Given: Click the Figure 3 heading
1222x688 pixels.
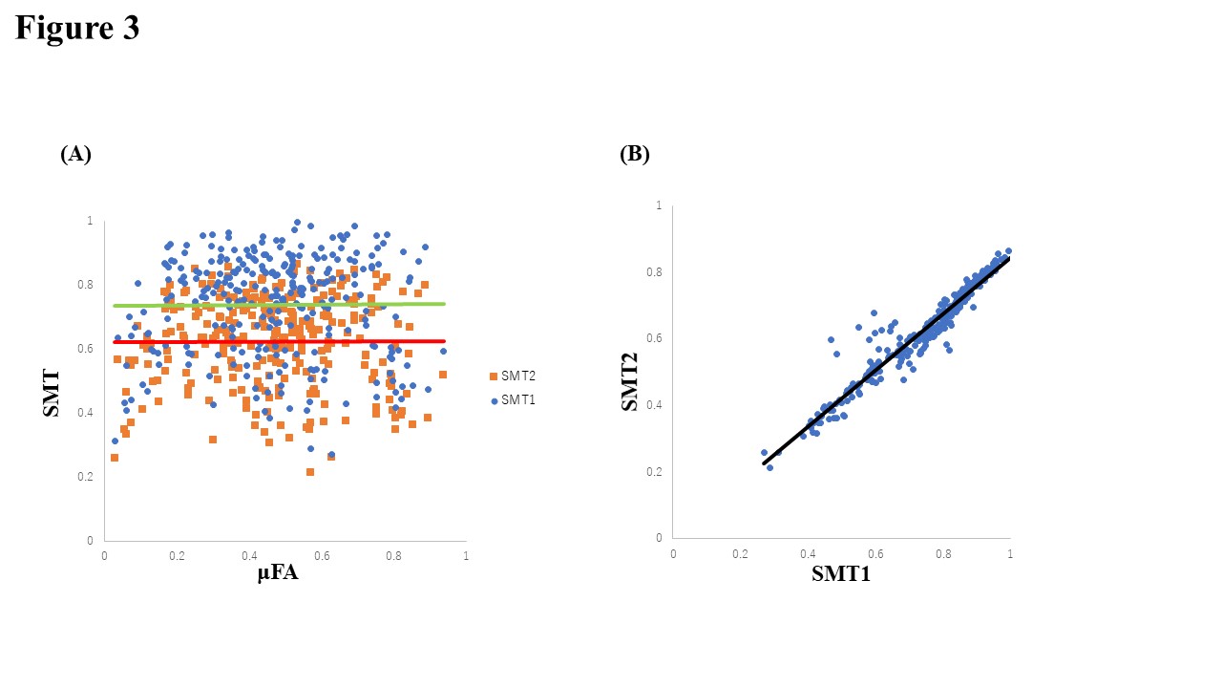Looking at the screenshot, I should [x=77, y=28].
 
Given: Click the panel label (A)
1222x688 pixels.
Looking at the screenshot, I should [x=75, y=154].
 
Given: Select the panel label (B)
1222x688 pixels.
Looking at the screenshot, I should [x=634, y=154].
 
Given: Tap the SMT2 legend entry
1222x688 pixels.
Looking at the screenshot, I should [x=515, y=376].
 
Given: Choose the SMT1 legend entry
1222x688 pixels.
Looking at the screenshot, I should [x=515, y=399].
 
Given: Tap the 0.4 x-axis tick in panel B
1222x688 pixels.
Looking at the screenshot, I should [x=808, y=553].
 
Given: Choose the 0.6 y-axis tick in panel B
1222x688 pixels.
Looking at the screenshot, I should [x=656, y=338].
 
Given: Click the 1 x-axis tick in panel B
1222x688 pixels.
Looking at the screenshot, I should [x=1010, y=553].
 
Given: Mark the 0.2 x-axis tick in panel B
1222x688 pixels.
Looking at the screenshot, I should [x=740, y=553].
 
